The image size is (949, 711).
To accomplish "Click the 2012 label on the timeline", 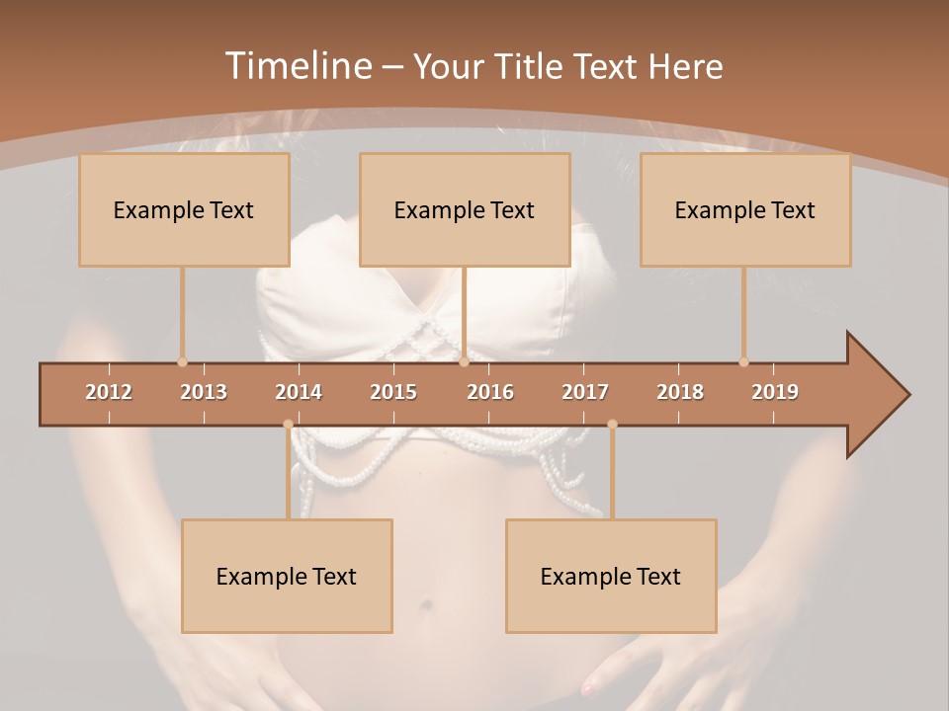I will pyautogui.click(x=109, y=392).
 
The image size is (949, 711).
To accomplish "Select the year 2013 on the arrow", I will pyautogui.click(x=204, y=392).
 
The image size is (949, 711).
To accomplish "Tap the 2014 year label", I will pyautogui.click(x=299, y=392).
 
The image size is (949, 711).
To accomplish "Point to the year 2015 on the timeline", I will pyautogui.click(x=393, y=392).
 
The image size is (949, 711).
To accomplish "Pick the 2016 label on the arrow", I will pyautogui.click(x=490, y=392).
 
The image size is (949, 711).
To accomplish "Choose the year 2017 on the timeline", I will pyautogui.click(x=585, y=392).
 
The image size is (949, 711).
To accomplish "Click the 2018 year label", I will pyautogui.click(x=680, y=392).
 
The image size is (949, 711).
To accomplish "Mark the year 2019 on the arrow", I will pyautogui.click(x=775, y=392).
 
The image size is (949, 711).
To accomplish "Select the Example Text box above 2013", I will pyautogui.click(x=184, y=210).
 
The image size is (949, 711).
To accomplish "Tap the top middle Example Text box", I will pyautogui.click(x=465, y=210).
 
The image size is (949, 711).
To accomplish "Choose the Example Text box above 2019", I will pyautogui.click(x=745, y=210).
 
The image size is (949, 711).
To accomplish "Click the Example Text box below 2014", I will pyautogui.click(x=287, y=577).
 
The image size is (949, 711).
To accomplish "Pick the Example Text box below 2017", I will pyautogui.click(x=611, y=577).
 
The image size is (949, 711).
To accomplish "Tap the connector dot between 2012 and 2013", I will pyautogui.click(x=182, y=362).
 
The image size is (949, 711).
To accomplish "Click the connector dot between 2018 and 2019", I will pyautogui.click(x=743, y=362).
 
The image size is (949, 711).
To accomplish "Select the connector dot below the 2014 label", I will pyautogui.click(x=288, y=425).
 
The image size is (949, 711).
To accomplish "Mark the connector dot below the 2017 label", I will pyautogui.click(x=612, y=425).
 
